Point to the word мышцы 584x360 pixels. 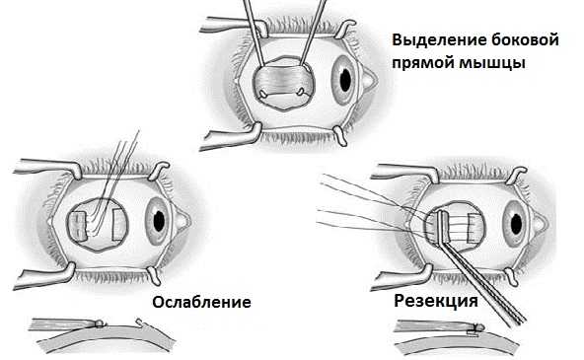pyautogui.click(x=498, y=63)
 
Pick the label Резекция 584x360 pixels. pyautogui.click(x=436, y=300)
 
